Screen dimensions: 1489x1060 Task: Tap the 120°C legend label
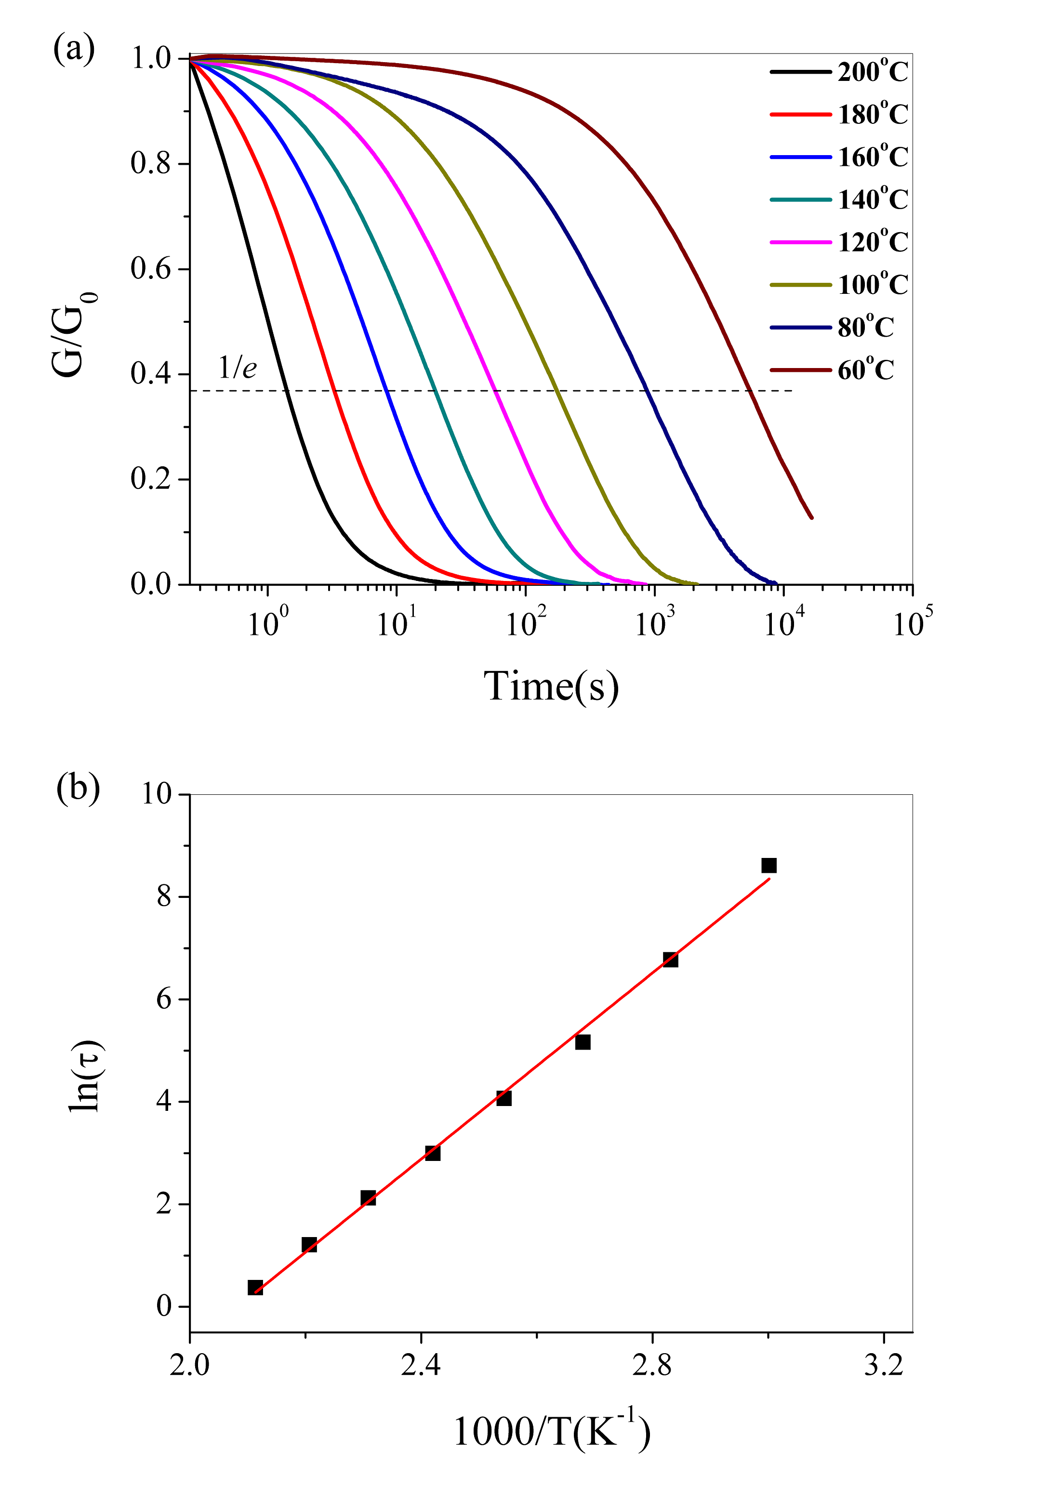[872, 243]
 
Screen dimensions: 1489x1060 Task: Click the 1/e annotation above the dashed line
[237, 368]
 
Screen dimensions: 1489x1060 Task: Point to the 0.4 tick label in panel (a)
[150, 374]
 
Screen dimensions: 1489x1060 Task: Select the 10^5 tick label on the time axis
[912, 624]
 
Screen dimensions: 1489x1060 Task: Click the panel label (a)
[74, 50]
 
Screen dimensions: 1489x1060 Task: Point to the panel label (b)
[78, 788]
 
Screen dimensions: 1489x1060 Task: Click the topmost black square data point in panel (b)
[769, 866]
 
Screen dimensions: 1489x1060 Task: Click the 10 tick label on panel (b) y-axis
[156, 794]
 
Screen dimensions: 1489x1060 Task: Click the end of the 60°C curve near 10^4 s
[811, 517]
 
